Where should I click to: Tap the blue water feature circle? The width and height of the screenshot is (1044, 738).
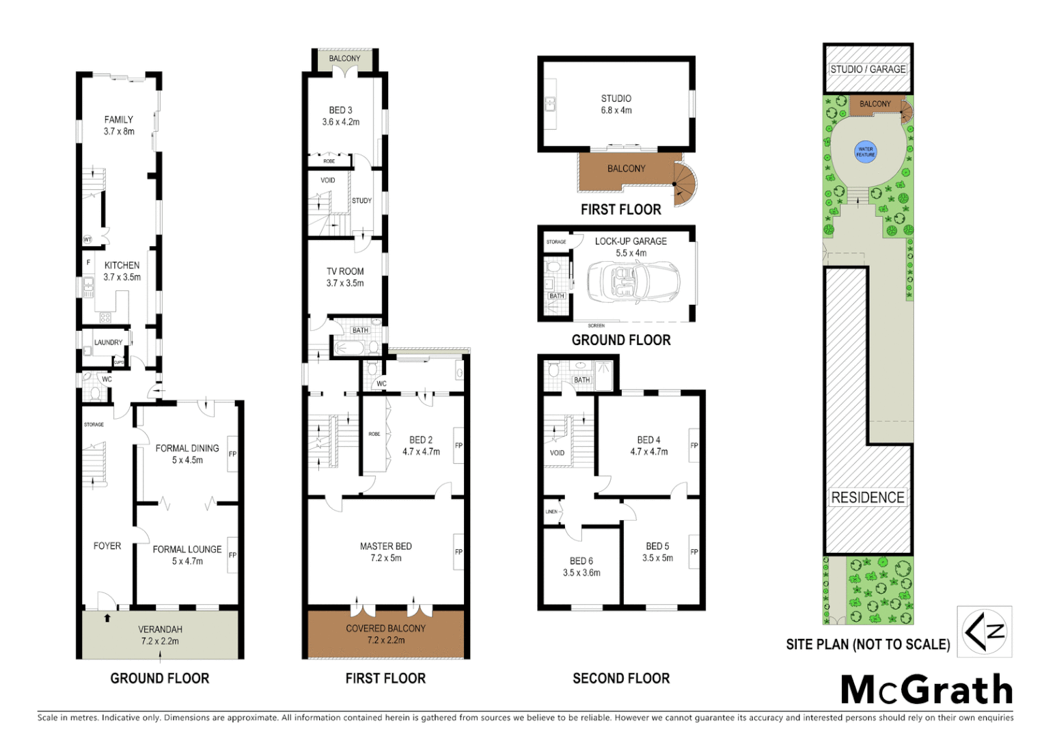click(865, 152)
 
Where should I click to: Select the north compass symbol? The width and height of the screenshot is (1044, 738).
click(984, 631)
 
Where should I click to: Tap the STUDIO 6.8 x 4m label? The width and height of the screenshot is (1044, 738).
click(616, 104)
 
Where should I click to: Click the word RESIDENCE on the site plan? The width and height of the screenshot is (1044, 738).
click(867, 497)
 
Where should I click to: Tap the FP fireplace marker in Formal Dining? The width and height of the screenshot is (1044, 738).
click(232, 454)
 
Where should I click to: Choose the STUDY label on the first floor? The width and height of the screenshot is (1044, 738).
click(361, 201)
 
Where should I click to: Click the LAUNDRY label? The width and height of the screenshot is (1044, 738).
click(108, 342)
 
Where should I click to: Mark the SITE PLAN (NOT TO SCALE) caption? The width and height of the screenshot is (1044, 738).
click(868, 644)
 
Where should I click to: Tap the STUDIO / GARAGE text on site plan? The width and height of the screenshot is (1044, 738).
click(868, 69)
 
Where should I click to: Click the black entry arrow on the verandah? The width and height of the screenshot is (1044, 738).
click(107, 618)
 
